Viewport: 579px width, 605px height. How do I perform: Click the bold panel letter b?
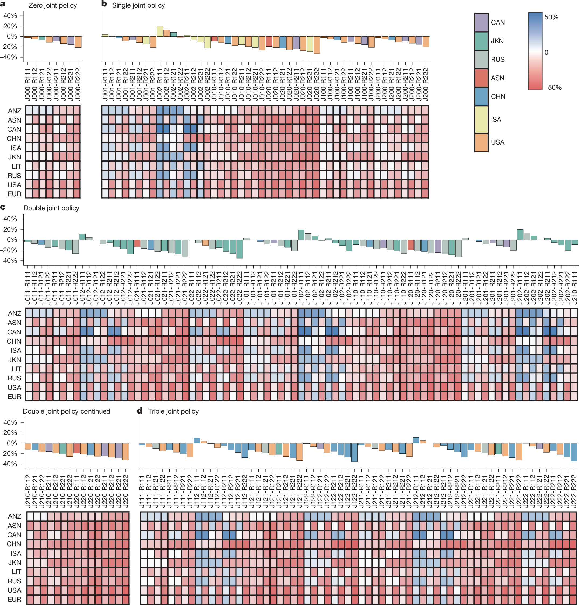(x=104, y=4)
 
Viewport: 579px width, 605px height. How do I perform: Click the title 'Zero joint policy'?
(x=52, y=6)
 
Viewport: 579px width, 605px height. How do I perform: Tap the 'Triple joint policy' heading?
(x=173, y=411)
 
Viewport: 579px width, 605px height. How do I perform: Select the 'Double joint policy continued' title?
(x=66, y=411)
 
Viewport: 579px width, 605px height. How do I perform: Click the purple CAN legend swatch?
(x=481, y=23)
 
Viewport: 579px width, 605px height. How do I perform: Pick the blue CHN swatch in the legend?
(x=481, y=97)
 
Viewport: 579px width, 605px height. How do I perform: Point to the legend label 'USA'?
(x=497, y=142)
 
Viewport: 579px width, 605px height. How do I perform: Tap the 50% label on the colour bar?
(x=551, y=17)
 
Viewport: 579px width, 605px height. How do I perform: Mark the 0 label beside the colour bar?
(x=546, y=53)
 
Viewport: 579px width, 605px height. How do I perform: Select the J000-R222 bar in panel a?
(x=78, y=42)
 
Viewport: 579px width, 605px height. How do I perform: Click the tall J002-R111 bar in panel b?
(x=160, y=32)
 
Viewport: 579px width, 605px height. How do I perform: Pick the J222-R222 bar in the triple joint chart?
(x=574, y=452)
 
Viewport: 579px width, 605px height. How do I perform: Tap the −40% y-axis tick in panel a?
(x=10, y=57)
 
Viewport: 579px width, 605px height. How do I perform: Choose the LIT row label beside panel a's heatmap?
(x=16, y=166)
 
